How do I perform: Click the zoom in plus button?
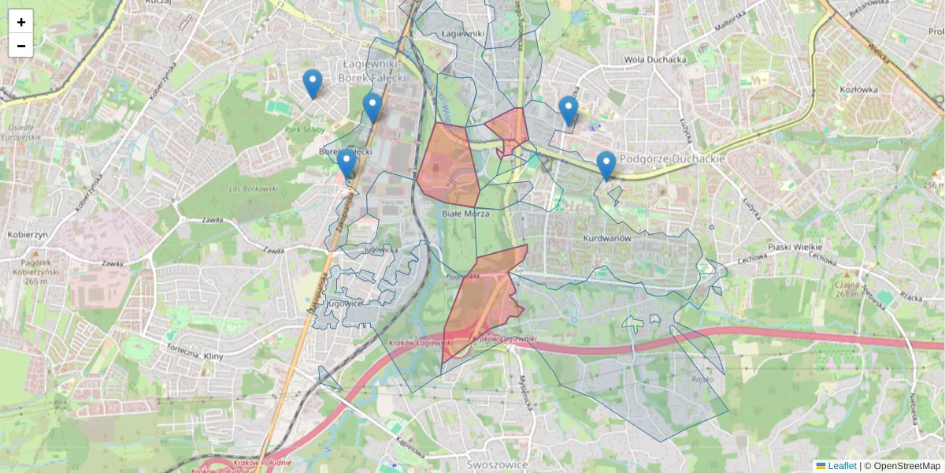[x=21, y=22]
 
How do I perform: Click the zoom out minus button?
[x=21, y=46]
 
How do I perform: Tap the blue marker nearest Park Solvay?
[x=313, y=84]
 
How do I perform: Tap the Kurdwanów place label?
[x=609, y=237]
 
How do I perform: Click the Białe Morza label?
[x=465, y=214]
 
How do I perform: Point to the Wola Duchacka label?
[x=654, y=59]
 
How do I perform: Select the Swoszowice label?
[x=495, y=464]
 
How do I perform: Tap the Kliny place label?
[x=213, y=357]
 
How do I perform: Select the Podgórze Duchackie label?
[x=672, y=158]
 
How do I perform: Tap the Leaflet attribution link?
[x=841, y=466]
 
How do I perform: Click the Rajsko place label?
[x=702, y=379]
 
